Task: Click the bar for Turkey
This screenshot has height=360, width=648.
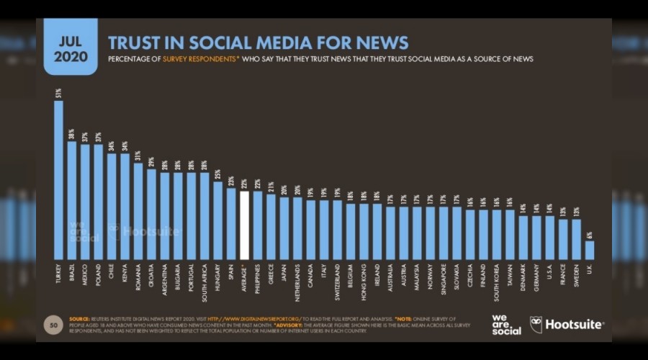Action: tap(59, 180)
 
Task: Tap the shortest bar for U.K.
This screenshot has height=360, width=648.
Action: tap(590, 250)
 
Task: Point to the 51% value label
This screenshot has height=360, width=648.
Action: tap(58, 93)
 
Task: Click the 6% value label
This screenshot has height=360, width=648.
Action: tap(590, 234)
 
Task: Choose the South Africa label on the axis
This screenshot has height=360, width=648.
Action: tap(204, 280)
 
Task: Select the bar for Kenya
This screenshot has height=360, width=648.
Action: tap(125, 206)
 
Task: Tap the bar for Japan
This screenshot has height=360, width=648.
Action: tap(284, 228)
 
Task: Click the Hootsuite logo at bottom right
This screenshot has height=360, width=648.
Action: tap(567, 325)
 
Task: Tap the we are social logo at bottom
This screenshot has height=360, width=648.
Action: tap(507, 325)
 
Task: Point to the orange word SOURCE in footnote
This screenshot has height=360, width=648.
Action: tap(80, 318)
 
